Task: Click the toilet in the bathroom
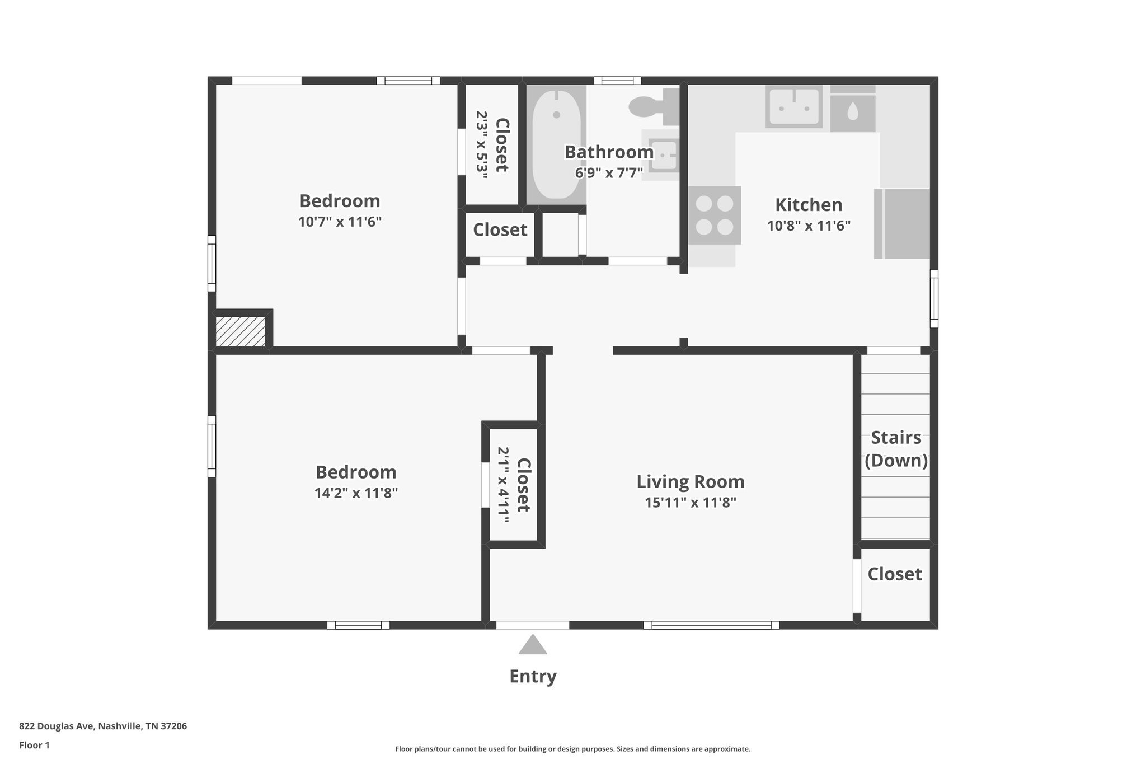[x=654, y=106]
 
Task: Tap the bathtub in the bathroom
[x=556, y=145]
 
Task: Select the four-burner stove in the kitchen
[x=714, y=215]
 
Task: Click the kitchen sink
[x=793, y=107]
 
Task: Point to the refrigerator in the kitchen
[x=902, y=224]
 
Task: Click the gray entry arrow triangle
[x=533, y=644]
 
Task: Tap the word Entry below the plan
[x=533, y=676]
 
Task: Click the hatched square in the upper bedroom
[x=240, y=331]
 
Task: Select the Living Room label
[x=691, y=481]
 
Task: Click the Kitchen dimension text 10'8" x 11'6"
[x=809, y=226]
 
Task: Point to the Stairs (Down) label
[x=896, y=449]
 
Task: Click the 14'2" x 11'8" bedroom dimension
[x=356, y=493]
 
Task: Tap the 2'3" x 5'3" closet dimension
[x=482, y=144]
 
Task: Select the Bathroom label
[x=609, y=152]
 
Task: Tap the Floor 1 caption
[x=34, y=745]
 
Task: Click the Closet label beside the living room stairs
[x=895, y=574]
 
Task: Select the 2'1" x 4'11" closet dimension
[x=503, y=485]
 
